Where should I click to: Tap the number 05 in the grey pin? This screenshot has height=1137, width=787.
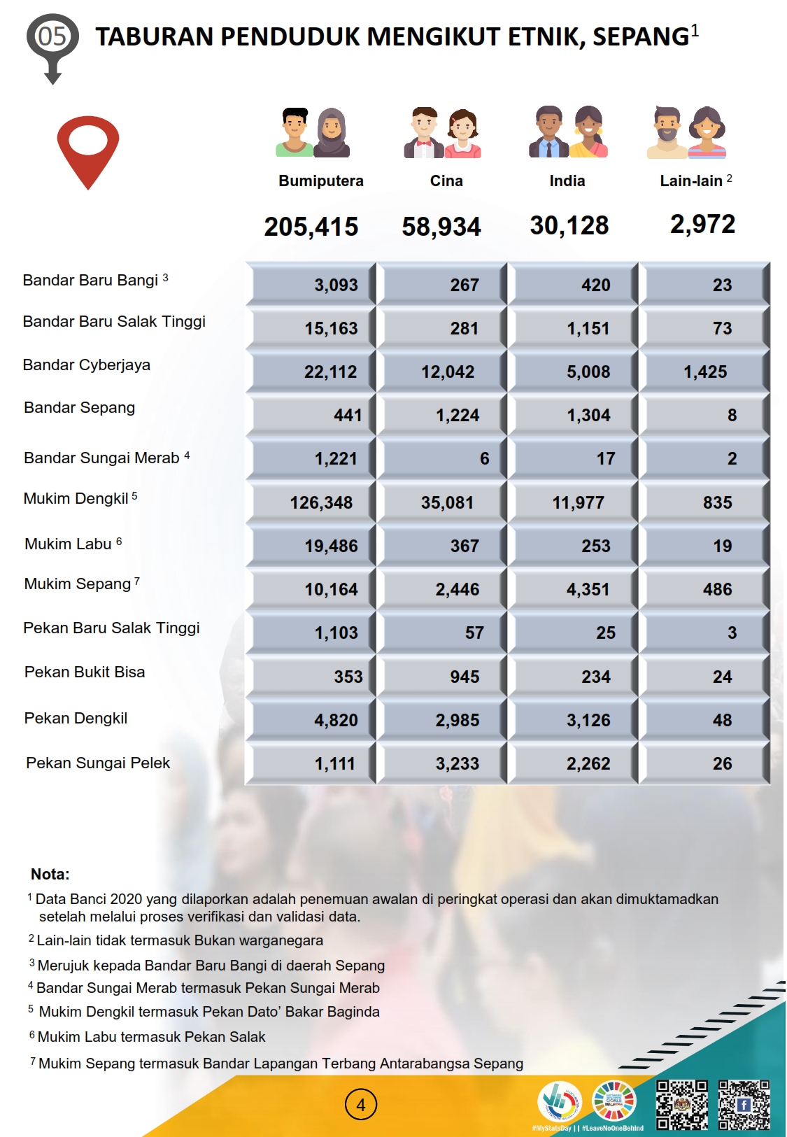tap(52, 36)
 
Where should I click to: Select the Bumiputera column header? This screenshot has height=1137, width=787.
tap(321, 181)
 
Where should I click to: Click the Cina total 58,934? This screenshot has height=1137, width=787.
tap(441, 227)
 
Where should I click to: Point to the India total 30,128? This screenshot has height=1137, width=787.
tap(569, 225)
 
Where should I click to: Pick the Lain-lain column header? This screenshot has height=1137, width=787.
tap(691, 181)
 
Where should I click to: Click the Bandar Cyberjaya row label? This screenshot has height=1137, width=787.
tap(87, 365)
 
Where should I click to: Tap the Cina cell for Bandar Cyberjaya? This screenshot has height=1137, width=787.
tap(448, 372)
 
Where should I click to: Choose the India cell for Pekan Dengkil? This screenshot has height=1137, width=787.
tap(588, 720)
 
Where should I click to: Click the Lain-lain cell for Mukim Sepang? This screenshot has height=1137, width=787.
tap(717, 589)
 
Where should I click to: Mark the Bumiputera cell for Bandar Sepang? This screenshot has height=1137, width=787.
tap(348, 415)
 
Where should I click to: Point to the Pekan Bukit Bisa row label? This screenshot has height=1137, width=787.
tap(85, 672)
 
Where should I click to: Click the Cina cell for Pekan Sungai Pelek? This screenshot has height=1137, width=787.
tap(458, 763)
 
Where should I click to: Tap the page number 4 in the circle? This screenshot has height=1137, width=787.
tap(361, 1105)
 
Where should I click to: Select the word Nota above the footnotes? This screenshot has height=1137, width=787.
tap(50, 874)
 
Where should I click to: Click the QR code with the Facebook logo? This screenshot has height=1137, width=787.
tap(744, 1105)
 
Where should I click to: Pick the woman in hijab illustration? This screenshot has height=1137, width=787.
tap(332, 132)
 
